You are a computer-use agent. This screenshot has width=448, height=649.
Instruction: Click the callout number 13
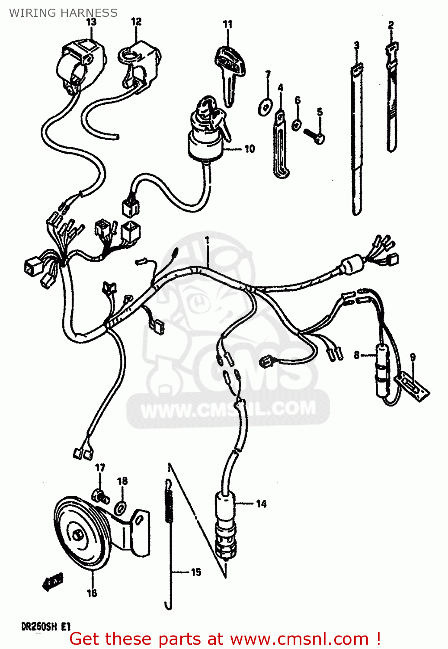click(x=91, y=22)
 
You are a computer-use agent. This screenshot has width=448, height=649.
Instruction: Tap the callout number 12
click(x=136, y=21)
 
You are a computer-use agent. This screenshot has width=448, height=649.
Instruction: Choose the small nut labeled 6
click(x=296, y=124)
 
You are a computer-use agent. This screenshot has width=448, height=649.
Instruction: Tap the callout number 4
click(x=280, y=88)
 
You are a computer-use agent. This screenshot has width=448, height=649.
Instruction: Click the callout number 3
click(x=356, y=45)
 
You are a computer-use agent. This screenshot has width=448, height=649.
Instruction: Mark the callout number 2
click(x=391, y=25)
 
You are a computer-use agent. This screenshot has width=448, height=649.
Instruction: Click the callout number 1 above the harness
click(x=207, y=239)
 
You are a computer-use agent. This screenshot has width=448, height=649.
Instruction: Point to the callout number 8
click(x=356, y=355)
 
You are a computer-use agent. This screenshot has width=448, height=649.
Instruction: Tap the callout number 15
click(x=196, y=572)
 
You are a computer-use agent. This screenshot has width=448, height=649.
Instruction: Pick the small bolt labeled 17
click(x=101, y=496)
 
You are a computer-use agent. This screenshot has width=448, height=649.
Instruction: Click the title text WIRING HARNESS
click(x=63, y=13)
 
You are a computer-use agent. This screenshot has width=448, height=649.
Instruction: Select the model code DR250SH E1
click(x=45, y=626)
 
